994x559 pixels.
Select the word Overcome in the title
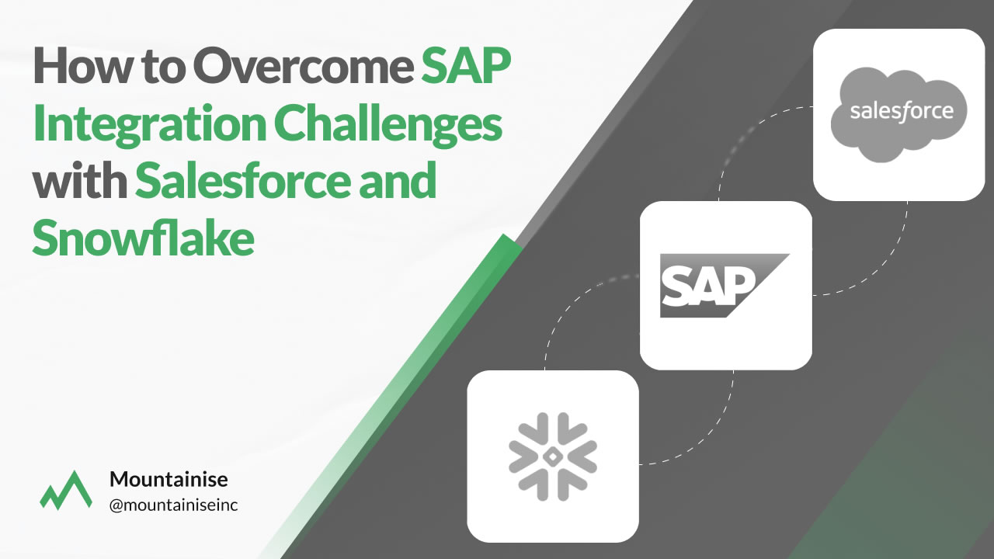(304, 66)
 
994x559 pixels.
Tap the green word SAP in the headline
(466, 66)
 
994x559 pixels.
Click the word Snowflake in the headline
(144, 238)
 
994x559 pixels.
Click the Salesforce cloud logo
(898, 114)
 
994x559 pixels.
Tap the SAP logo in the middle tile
(725, 285)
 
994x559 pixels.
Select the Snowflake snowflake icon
(552, 457)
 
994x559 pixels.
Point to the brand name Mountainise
(169, 479)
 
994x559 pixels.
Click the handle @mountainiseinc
(173, 505)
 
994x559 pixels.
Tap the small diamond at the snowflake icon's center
(552, 457)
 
